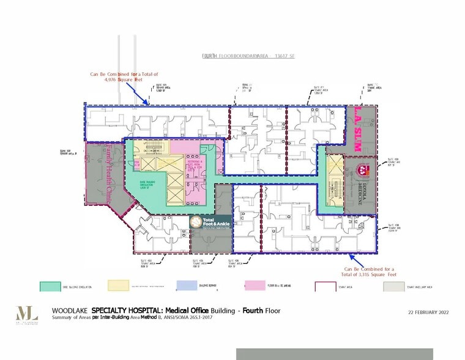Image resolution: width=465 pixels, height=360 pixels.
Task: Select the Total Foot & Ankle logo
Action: pos(210,223)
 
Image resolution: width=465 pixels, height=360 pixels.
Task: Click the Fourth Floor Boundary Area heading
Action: pos(248,56)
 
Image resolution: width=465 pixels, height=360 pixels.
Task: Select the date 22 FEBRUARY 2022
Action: pos(428,312)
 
